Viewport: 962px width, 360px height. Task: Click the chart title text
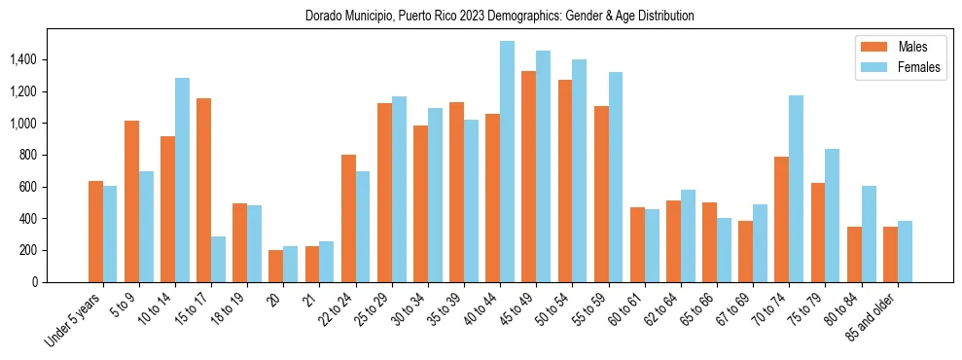point(500,17)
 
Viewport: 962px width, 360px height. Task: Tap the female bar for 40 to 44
point(507,162)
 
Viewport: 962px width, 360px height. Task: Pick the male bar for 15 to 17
point(203,190)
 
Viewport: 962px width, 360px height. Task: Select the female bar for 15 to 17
point(218,259)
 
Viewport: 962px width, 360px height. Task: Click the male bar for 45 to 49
point(528,176)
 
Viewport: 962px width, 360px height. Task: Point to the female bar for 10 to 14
point(182,180)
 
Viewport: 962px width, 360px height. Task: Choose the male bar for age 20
point(275,266)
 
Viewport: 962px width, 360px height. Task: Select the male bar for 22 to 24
point(348,218)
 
